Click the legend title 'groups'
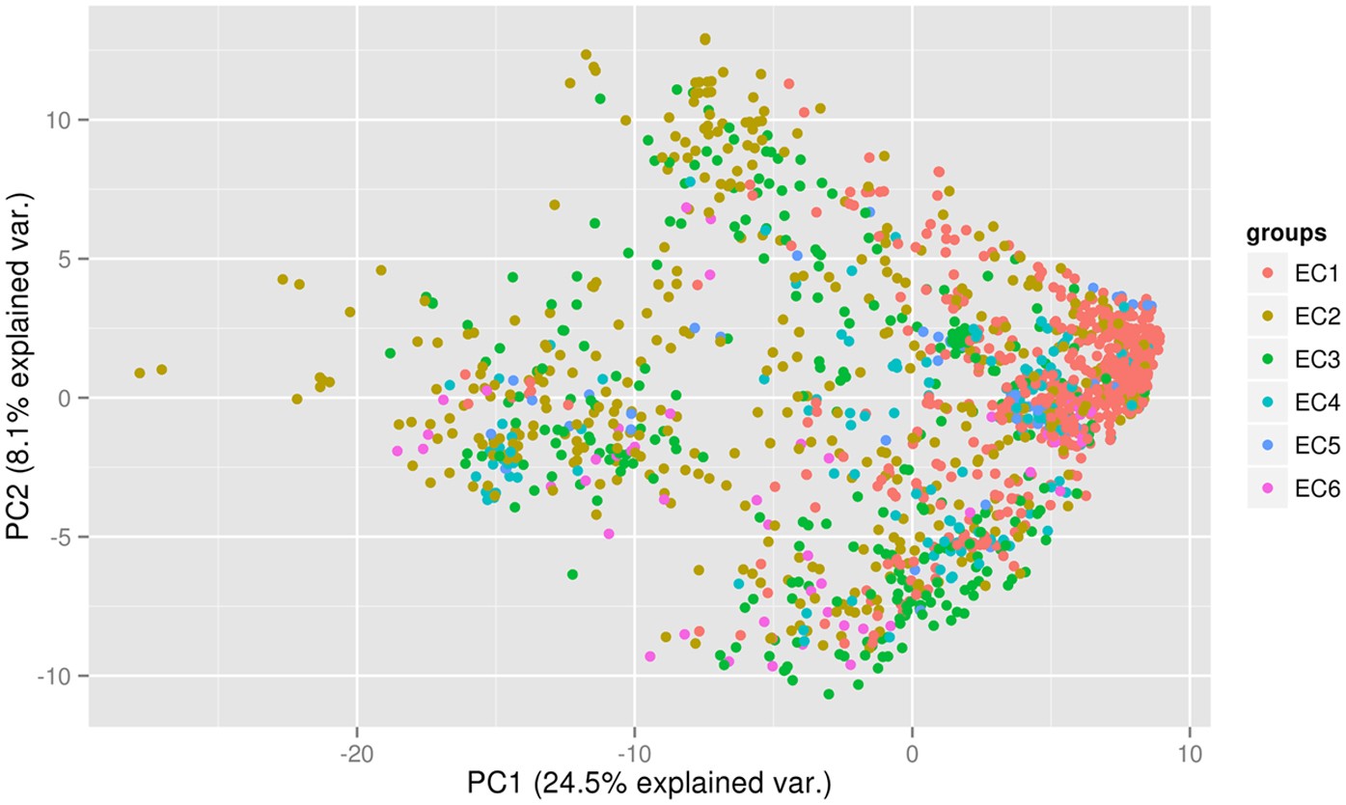(1286, 234)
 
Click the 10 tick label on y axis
(65, 120)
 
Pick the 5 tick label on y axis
(70, 259)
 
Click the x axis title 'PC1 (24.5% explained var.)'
(648, 782)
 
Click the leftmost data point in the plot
(140, 373)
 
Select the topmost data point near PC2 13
(704, 39)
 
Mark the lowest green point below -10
(828, 694)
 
